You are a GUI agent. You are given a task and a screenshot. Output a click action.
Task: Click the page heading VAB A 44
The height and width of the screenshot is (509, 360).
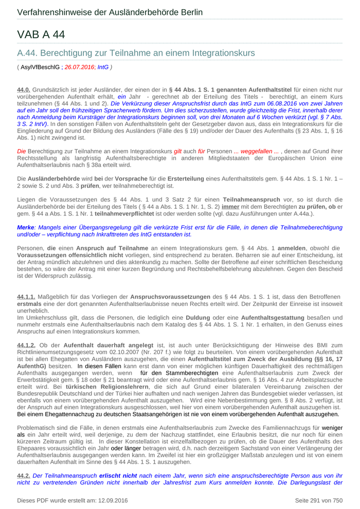41,34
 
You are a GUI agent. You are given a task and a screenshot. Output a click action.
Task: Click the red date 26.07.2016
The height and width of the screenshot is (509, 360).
79,67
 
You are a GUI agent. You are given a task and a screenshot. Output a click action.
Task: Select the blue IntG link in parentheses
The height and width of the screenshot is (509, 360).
103,67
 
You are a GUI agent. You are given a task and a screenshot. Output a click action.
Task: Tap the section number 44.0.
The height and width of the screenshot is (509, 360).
24,90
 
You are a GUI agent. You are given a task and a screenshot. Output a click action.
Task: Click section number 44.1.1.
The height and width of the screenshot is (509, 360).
26,297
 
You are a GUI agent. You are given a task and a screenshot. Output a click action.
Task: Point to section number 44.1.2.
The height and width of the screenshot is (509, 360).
26,345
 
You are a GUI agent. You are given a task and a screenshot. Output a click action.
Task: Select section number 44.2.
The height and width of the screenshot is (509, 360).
24,476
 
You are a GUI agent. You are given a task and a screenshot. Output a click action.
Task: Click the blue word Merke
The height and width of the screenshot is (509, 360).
25,227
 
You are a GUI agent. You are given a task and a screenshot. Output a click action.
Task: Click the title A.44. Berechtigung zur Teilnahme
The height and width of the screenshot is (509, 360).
136,53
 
